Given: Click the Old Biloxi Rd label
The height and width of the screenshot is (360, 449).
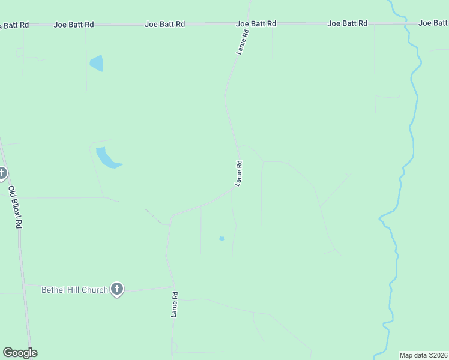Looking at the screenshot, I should coord(15,207).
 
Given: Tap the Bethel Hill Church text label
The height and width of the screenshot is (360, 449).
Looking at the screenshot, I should coord(74,290).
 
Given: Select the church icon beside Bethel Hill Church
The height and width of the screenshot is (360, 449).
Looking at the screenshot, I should coord(117,290).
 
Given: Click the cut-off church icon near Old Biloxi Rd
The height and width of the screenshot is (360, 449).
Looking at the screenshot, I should coord(2,174).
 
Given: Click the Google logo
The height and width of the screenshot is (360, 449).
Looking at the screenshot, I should coord(20,353).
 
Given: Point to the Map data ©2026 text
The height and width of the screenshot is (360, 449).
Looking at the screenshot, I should coord(423,355).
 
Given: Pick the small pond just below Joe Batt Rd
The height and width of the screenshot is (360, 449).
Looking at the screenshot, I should coord(97,63).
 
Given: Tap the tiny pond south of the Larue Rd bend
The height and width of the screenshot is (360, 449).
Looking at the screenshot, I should coord(221,239).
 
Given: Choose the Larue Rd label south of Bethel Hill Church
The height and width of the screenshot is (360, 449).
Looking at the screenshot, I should coord(175,304).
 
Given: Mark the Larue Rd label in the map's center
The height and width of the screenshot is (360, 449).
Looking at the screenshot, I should coord(238,173).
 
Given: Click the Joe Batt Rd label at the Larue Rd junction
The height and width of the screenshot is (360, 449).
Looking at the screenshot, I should coord(256,24).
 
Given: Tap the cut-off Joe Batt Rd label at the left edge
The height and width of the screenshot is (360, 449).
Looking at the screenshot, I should coord(14,25).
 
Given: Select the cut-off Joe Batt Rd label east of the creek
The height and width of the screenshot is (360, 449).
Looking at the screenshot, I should coord(433,23).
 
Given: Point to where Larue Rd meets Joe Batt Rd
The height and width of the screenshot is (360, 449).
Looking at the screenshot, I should coord(248,23).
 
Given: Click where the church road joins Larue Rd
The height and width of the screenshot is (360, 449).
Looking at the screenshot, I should coord(172,287).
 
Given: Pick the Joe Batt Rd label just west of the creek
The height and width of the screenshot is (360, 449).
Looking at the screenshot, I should coord(347,23).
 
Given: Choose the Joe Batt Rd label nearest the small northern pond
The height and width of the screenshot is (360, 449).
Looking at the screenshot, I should coord(73,25).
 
